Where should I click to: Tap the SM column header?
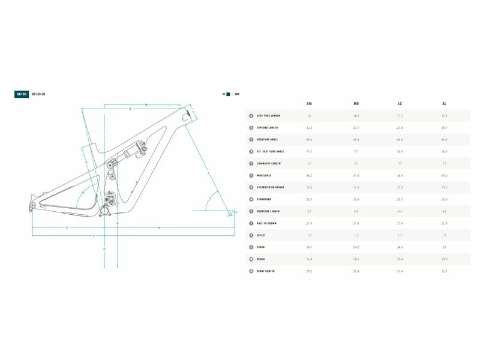coord(309,104)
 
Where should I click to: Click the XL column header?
coord(444,104)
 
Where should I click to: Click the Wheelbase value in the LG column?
coord(399,175)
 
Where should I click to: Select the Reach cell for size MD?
coord(356,259)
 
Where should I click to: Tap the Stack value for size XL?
coord(444,247)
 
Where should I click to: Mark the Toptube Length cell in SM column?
coord(309,128)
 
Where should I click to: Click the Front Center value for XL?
coord(444,271)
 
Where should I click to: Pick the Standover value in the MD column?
coord(356,199)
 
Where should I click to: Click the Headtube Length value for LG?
coord(399,211)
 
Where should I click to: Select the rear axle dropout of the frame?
coord(31,207)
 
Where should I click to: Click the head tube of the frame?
coord(188,115)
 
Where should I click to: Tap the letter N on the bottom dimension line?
coord(158,228)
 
